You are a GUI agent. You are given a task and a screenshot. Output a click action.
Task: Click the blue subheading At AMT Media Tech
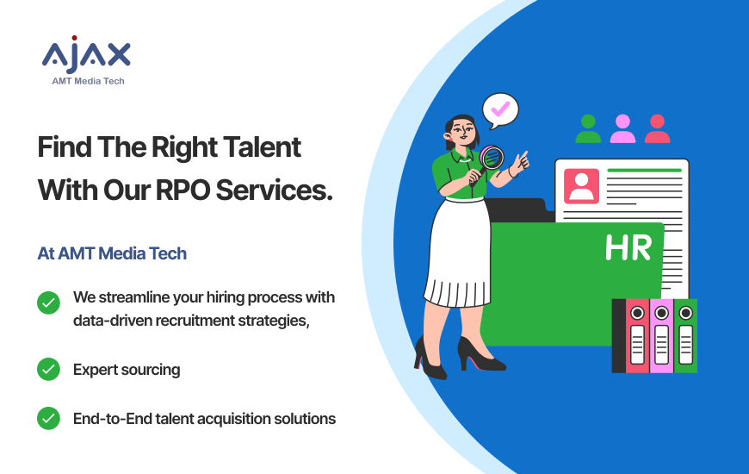(112, 253)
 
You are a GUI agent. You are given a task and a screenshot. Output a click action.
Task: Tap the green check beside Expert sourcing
(48, 369)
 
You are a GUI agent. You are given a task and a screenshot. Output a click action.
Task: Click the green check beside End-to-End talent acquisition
(48, 419)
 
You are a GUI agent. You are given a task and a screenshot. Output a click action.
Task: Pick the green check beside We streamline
(48, 302)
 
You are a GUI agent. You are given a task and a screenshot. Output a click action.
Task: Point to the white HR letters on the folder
(628, 247)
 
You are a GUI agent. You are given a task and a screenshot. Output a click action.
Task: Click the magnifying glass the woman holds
(490, 159)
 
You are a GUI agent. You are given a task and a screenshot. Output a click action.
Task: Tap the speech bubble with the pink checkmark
(500, 110)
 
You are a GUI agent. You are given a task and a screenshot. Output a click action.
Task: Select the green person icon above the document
(588, 128)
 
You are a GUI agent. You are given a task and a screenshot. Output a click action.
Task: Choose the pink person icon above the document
(622, 128)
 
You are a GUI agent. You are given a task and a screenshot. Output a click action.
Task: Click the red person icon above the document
(657, 128)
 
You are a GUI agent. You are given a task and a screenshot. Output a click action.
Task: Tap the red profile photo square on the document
(581, 186)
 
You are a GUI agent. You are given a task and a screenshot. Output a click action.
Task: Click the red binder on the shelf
(637, 336)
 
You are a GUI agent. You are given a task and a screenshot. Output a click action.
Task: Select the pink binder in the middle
(661, 336)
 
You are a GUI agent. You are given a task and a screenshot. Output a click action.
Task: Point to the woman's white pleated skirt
(457, 253)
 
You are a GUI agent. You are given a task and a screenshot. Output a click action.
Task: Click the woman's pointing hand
(521, 162)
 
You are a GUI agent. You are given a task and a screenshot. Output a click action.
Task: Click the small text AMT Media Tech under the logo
(88, 81)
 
